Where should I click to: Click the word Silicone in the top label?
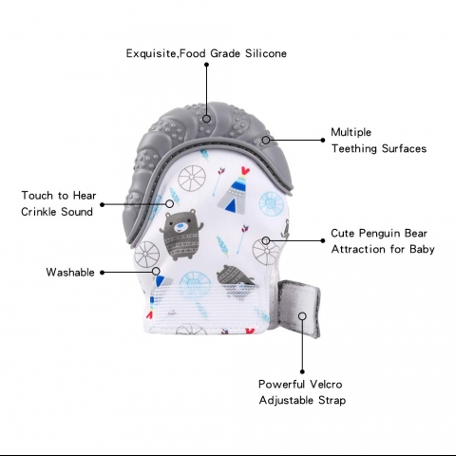[x=266, y=53]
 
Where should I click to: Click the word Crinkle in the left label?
[x=39, y=212]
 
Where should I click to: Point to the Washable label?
[x=70, y=273]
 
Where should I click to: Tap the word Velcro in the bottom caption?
[x=326, y=384]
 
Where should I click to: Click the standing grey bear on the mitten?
[x=181, y=235]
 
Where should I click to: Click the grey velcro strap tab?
[x=299, y=309]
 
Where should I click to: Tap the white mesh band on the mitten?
[x=206, y=306]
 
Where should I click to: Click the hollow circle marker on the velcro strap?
[x=302, y=316]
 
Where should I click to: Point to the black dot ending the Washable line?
[x=103, y=273]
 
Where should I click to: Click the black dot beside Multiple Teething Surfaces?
[x=323, y=140]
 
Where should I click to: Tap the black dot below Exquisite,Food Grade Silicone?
[x=206, y=65]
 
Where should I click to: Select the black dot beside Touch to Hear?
[x=103, y=204]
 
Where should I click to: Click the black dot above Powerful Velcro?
[x=302, y=371]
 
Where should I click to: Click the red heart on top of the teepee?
[x=245, y=171]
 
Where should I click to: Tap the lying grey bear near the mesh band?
[x=236, y=275]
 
